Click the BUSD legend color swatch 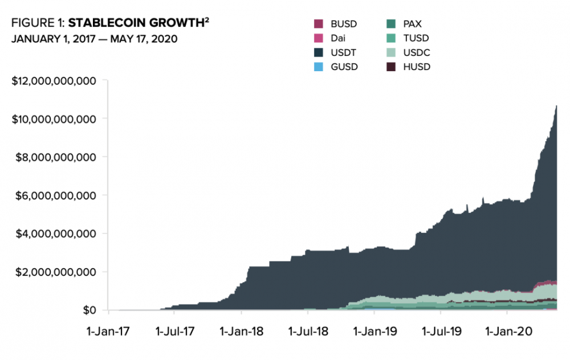(x=319, y=24)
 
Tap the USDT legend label (x=342, y=52)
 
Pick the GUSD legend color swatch (x=319, y=67)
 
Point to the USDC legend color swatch (x=390, y=52)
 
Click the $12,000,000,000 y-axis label (x=54, y=81)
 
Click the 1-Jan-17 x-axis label (x=108, y=330)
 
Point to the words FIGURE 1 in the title (x=38, y=24)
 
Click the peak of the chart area (x=556, y=107)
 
